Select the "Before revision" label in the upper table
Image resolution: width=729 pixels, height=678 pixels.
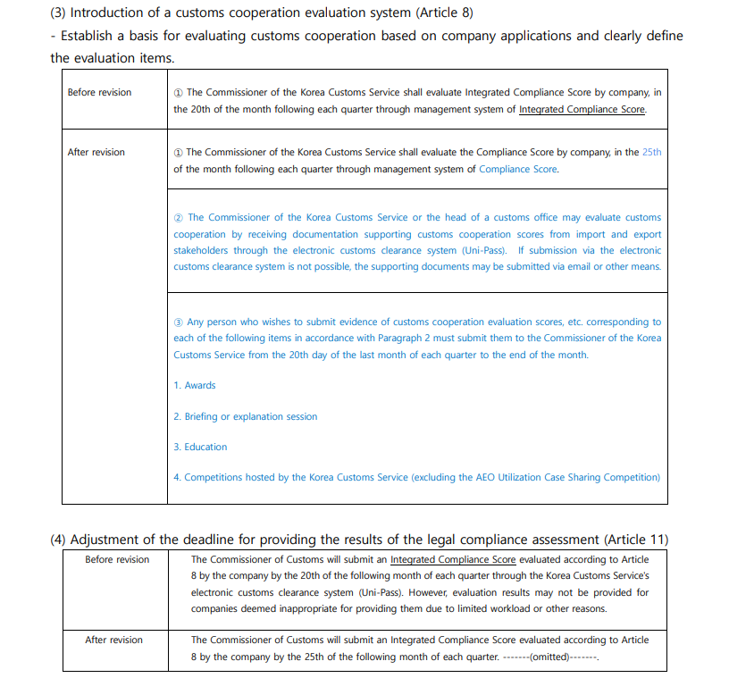click(99, 92)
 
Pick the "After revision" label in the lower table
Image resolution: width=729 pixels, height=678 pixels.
click(113, 640)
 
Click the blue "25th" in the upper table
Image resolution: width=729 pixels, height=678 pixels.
click(651, 152)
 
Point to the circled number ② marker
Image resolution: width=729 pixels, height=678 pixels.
click(178, 217)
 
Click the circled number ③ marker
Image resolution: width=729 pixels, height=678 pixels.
click(178, 322)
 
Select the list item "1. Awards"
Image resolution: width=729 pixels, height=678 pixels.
click(195, 385)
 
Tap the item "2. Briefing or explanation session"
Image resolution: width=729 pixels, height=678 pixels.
click(246, 416)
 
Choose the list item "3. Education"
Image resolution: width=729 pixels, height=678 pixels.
click(200, 447)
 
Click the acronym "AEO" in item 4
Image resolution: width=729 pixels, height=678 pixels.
click(480, 477)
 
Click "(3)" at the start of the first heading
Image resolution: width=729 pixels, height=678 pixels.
click(60, 13)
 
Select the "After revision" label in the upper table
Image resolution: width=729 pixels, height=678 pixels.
click(96, 152)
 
